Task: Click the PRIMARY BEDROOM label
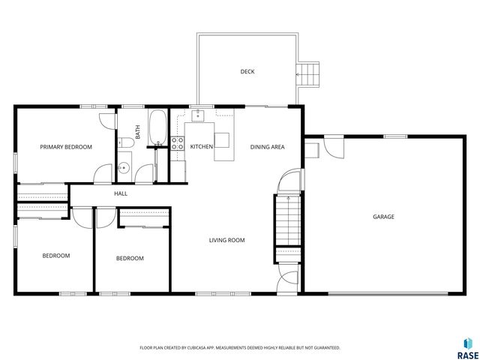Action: pos(66,147)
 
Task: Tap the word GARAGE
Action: pos(383,217)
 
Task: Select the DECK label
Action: pos(247,72)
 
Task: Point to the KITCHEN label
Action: pos(201,147)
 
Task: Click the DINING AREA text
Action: pos(267,147)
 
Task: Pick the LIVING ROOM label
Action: pos(226,240)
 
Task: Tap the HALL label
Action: pos(120,193)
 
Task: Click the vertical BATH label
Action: pos(138,131)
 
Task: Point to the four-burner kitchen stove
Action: pos(178,143)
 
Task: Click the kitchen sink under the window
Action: pos(198,116)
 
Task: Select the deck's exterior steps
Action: pos(308,73)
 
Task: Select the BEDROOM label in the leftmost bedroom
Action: pos(55,256)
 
